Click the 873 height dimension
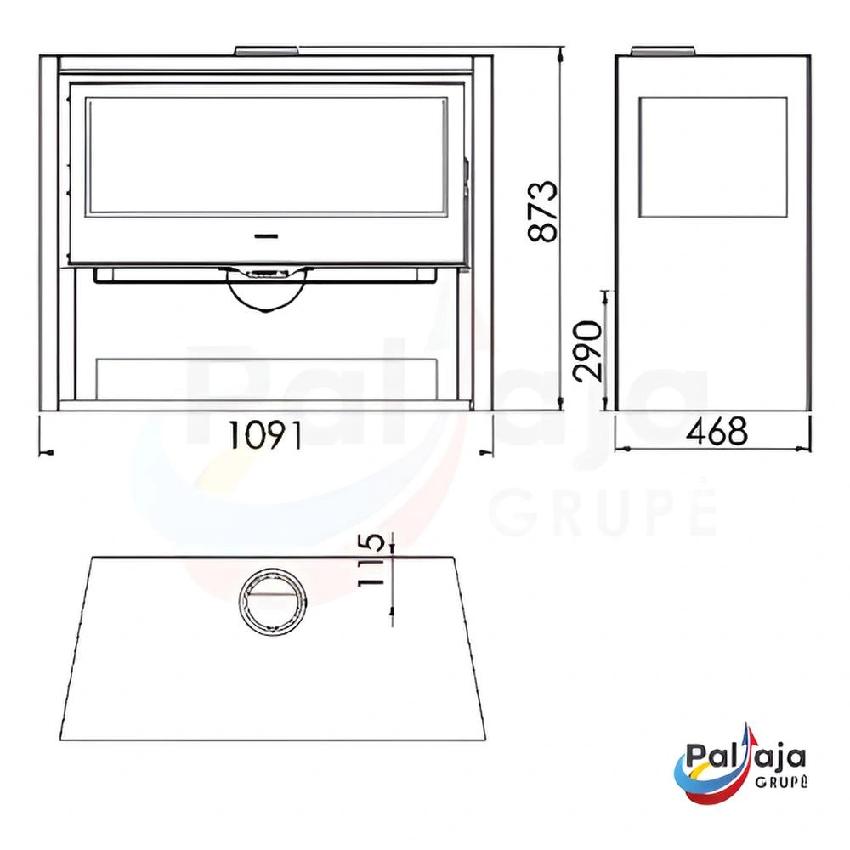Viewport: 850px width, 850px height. (x=542, y=211)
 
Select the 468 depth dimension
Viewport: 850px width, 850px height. (x=717, y=431)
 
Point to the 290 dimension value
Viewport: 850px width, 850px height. (x=588, y=351)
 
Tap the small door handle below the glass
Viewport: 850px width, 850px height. (x=266, y=236)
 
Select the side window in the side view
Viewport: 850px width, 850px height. (x=713, y=157)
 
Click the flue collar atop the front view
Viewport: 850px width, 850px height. (x=266, y=51)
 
